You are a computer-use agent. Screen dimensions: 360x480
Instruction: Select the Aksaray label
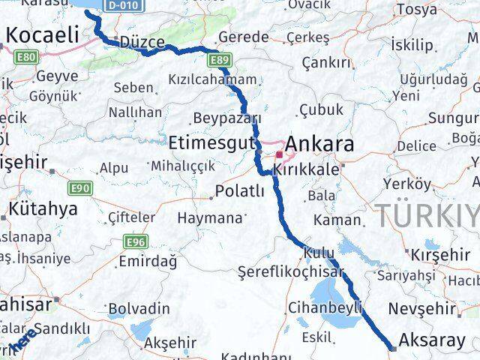(x=433, y=340)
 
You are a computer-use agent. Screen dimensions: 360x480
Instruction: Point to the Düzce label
(x=142, y=43)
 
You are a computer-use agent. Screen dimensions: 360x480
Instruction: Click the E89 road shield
(x=220, y=60)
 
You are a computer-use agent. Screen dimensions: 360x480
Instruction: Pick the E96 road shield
(x=136, y=241)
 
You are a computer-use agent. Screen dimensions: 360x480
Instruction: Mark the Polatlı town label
(x=239, y=192)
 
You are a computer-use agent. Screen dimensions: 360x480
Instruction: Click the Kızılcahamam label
(x=212, y=79)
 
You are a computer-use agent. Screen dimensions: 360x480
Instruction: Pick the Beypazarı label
(x=226, y=118)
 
